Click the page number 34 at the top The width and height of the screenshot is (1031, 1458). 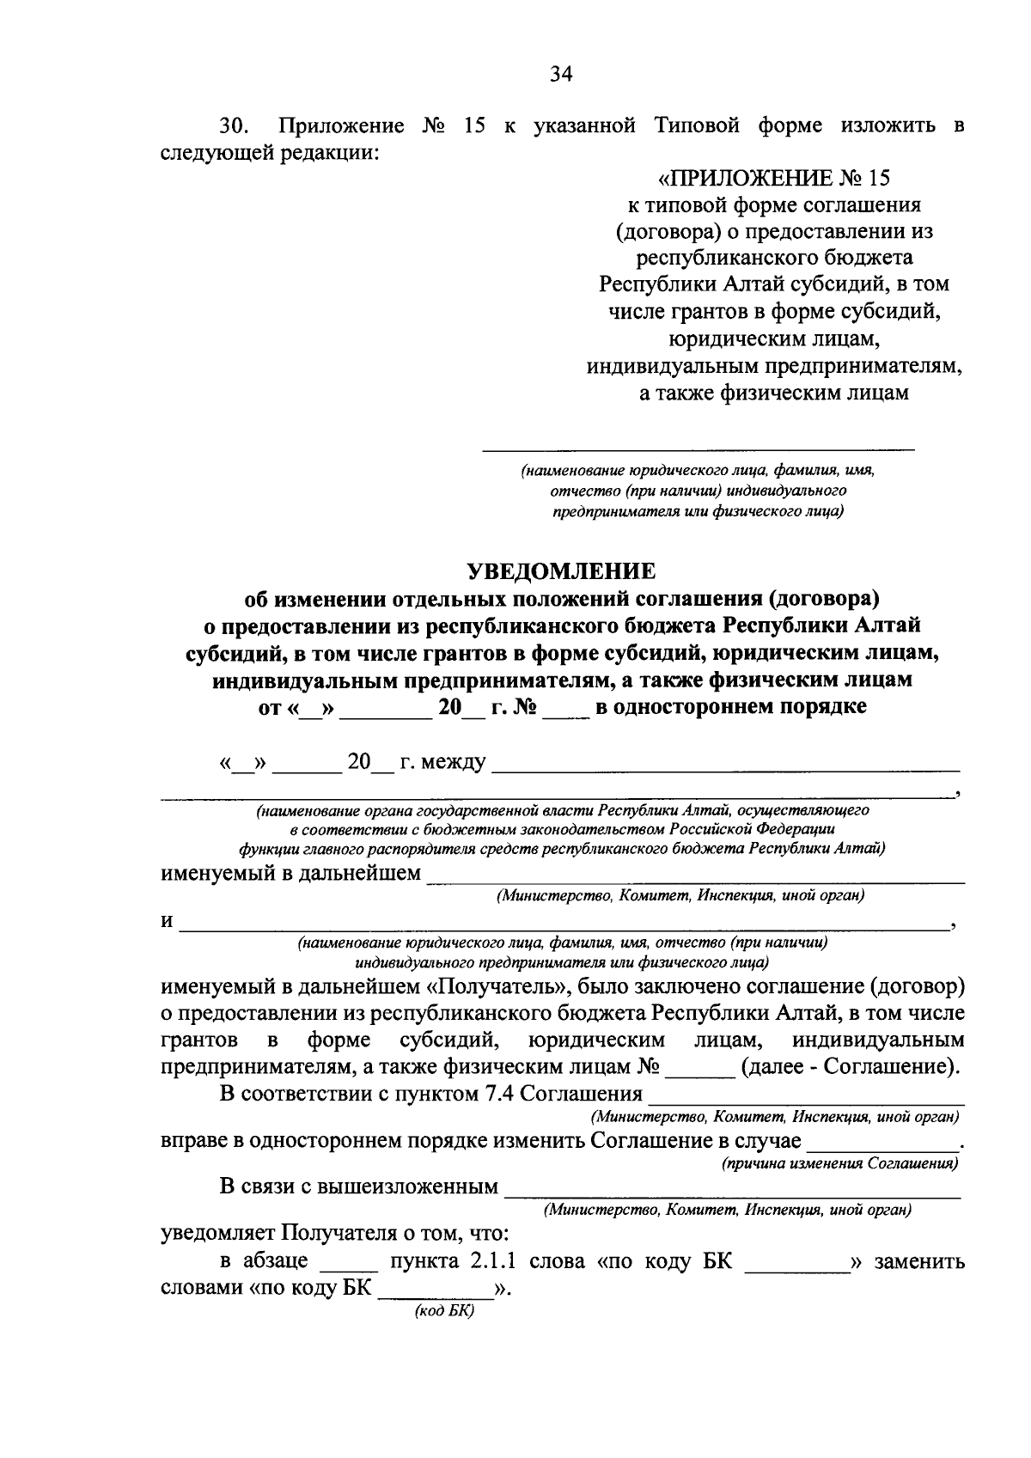pyautogui.click(x=561, y=74)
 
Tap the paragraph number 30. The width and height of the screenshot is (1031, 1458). pyautogui.click(x=234, y=126)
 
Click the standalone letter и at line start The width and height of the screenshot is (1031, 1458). pyautogui.click(x=168, y=922)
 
